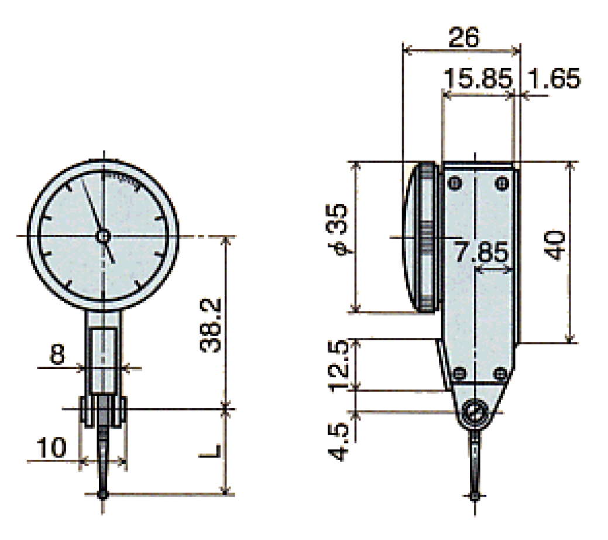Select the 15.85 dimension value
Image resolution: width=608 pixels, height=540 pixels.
(478, 78)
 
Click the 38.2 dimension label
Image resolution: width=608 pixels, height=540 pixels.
(209, 325)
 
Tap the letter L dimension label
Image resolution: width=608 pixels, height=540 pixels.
(213, 451)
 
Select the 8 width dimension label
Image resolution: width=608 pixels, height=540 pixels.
(57, 356)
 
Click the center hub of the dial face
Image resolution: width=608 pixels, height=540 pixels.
(102, 235)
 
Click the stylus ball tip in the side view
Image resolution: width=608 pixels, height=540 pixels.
(475, 496)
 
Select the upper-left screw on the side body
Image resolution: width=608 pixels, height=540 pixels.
(454, 184)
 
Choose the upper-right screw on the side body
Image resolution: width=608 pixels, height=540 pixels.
(501, 184)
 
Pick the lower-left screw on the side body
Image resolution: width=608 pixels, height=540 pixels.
(459, 373)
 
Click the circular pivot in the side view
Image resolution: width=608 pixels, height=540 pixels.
(475, 413)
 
